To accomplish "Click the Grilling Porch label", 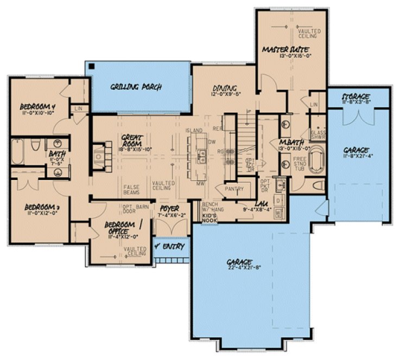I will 136,87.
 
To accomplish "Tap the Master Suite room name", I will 279,50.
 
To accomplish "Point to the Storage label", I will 356,97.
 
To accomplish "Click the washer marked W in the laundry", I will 278,214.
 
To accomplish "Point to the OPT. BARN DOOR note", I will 126,210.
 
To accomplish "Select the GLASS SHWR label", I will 318,134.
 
